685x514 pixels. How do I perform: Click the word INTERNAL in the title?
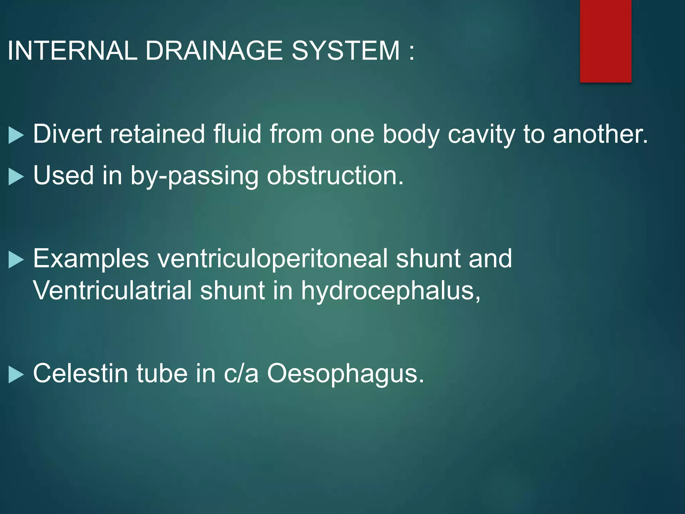click(x=72, y=51)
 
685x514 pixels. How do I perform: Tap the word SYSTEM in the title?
click(x=346, y=51)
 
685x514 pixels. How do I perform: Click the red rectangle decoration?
click(x=605, y=41)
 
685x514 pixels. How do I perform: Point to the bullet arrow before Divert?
click(x=16, y=135)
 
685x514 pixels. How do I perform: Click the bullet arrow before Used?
click(x=16, y=177)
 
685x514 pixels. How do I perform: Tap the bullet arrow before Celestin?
click(x=16, y=374)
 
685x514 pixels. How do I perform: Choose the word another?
click(x=600, y=134)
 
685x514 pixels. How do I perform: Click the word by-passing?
click(x=194, y=176)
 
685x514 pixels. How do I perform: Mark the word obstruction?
click(x=335, y=175)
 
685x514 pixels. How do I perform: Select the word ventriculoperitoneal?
click(x=272, y=259)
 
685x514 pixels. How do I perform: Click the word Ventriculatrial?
click(x=112, y=290)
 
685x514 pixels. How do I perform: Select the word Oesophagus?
click(x=345, y=374)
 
